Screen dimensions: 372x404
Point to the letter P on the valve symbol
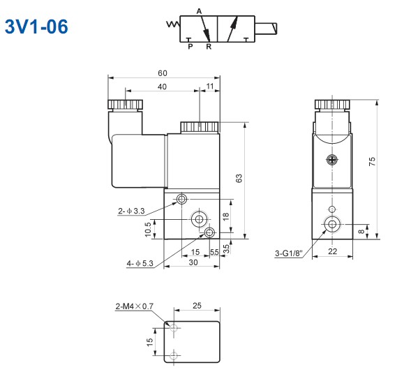pyautogui.click(x=189, y=47)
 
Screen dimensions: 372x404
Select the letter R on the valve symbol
pyautogui.click(x=208, y=47)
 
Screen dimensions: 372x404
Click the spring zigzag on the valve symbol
pyautogui.click(x=171, y=27)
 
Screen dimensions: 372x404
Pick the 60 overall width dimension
pyautogui.click(x=163, y=73)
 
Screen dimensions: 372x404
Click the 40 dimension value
pyautogui.click(x=162, y=87)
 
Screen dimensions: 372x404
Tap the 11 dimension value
pyautogui.click(x=210, y=87)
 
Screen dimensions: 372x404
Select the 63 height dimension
pyautogui.click(x=239, y=179)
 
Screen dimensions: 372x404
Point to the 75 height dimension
pyautogui.click(x=372, y=161)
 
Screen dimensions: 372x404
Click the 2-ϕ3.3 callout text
pyautogui.click(x=131, y=211)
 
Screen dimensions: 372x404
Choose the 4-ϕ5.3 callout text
pyautogui.click(x=140, y=263)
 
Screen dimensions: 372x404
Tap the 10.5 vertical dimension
pyautogui.click(x=148, y=228)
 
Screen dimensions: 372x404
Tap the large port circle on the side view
pyautogui.click(x=331, y=224)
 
